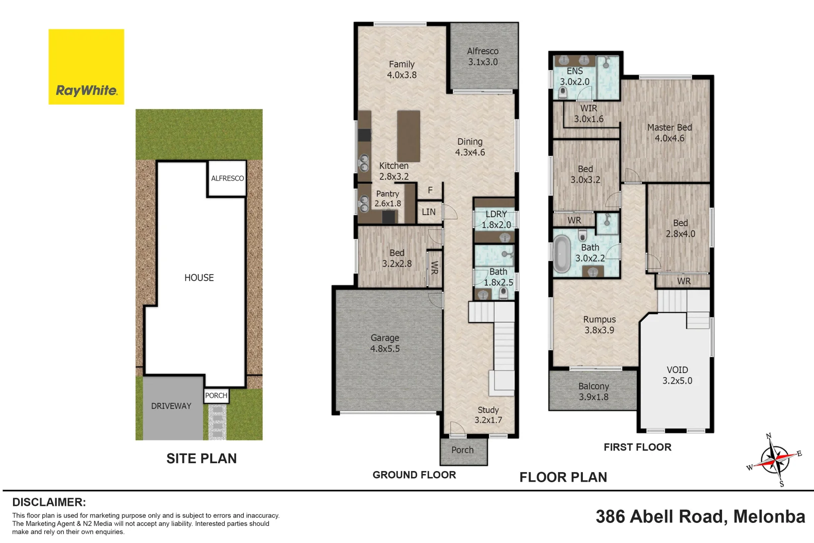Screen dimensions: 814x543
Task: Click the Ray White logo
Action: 86,67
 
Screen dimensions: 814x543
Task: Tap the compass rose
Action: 775,460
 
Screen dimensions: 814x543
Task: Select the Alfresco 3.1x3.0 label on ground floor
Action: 482,56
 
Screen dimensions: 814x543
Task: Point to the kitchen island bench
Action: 409,136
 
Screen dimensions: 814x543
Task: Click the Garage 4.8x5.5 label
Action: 385,343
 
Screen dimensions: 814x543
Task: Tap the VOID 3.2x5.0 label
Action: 677,376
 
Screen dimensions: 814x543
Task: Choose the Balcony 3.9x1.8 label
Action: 593,391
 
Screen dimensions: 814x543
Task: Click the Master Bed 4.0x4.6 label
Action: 669,133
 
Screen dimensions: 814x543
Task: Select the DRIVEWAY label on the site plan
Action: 171,406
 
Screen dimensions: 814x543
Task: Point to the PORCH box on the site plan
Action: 216,395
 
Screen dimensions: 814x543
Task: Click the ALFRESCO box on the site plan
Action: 228,178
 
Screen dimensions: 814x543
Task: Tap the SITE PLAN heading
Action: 201,459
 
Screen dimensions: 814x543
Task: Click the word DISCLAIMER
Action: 49,502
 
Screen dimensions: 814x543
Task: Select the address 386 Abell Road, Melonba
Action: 700,517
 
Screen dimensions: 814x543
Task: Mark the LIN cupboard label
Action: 429,212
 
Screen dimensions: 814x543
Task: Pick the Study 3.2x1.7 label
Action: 488,415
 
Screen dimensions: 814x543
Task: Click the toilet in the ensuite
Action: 563,94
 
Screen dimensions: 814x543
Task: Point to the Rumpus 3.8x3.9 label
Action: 599,325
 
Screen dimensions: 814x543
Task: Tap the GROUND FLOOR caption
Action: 414,475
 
